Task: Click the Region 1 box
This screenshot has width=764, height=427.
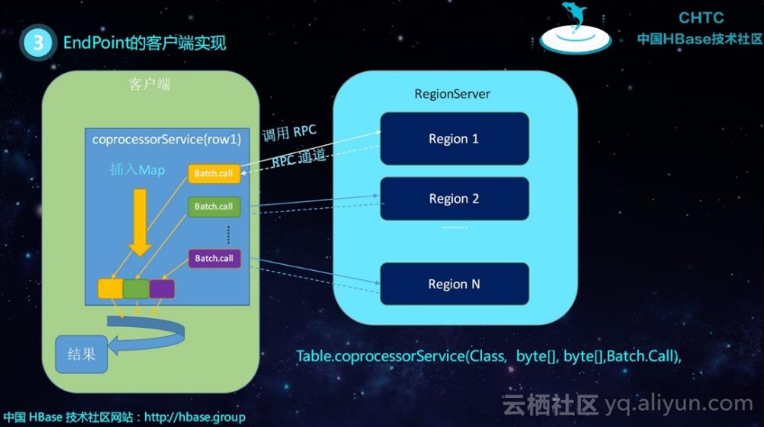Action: coord(453,139)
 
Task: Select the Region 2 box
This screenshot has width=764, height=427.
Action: coord(453,199)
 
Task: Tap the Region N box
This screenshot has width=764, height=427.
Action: coord(453,284)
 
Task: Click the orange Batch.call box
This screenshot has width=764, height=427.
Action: coord(214,173)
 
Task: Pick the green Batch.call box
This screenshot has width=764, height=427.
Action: coord(214,206)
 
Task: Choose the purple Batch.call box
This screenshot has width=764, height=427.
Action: coord(214,259)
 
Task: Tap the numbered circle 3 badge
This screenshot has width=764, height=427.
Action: coord(37,42)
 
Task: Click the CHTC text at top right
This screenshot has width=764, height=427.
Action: coord(699,18)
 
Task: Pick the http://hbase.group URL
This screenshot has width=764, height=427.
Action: coord(195,418)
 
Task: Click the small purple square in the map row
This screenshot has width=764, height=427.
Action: coord(161,289)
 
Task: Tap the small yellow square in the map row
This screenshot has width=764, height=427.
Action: coord(110,289)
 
